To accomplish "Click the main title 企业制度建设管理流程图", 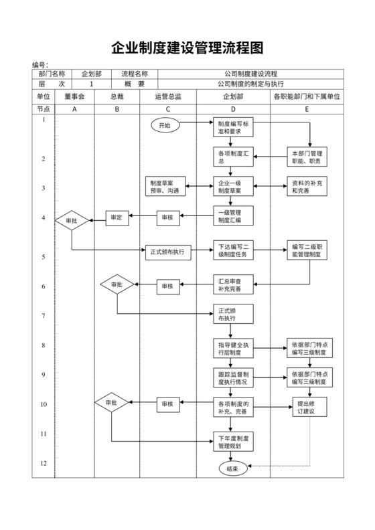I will coord(187,48).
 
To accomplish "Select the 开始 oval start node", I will coord(165,125).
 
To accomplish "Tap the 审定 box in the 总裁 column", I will coord(117,217).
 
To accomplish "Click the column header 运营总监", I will coord(167,96).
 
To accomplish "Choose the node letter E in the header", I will coord(307,108).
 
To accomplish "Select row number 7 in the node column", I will coord(44,315).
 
